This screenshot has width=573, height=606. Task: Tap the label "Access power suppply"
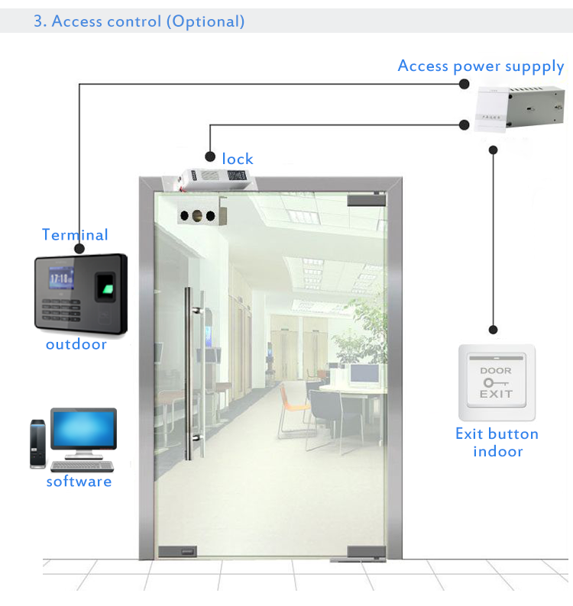point(481,66)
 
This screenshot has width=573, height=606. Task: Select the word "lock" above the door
point(238,159)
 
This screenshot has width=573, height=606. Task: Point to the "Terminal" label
point(75,235)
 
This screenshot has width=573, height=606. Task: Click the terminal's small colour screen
point(62,278)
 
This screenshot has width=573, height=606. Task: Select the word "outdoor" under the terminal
point(76,344)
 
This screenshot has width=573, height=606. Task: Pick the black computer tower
point(38,443)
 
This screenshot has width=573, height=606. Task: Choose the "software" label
point(79,482)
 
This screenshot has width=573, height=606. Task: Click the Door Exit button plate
point(496,382)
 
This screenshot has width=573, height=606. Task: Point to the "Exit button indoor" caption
point(497,443)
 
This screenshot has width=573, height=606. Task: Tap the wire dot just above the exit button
point(494,330)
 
